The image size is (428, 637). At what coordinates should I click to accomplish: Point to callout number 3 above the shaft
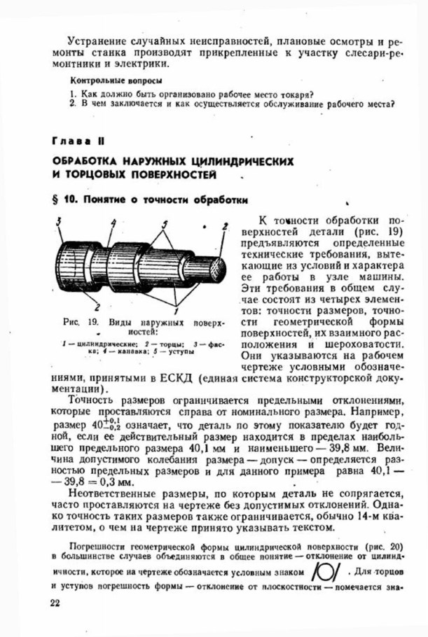[x=60, y=221]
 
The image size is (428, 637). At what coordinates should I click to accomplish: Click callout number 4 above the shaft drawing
[x=112, y=222]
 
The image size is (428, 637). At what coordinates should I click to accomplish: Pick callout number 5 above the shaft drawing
[x=166, y=223]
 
